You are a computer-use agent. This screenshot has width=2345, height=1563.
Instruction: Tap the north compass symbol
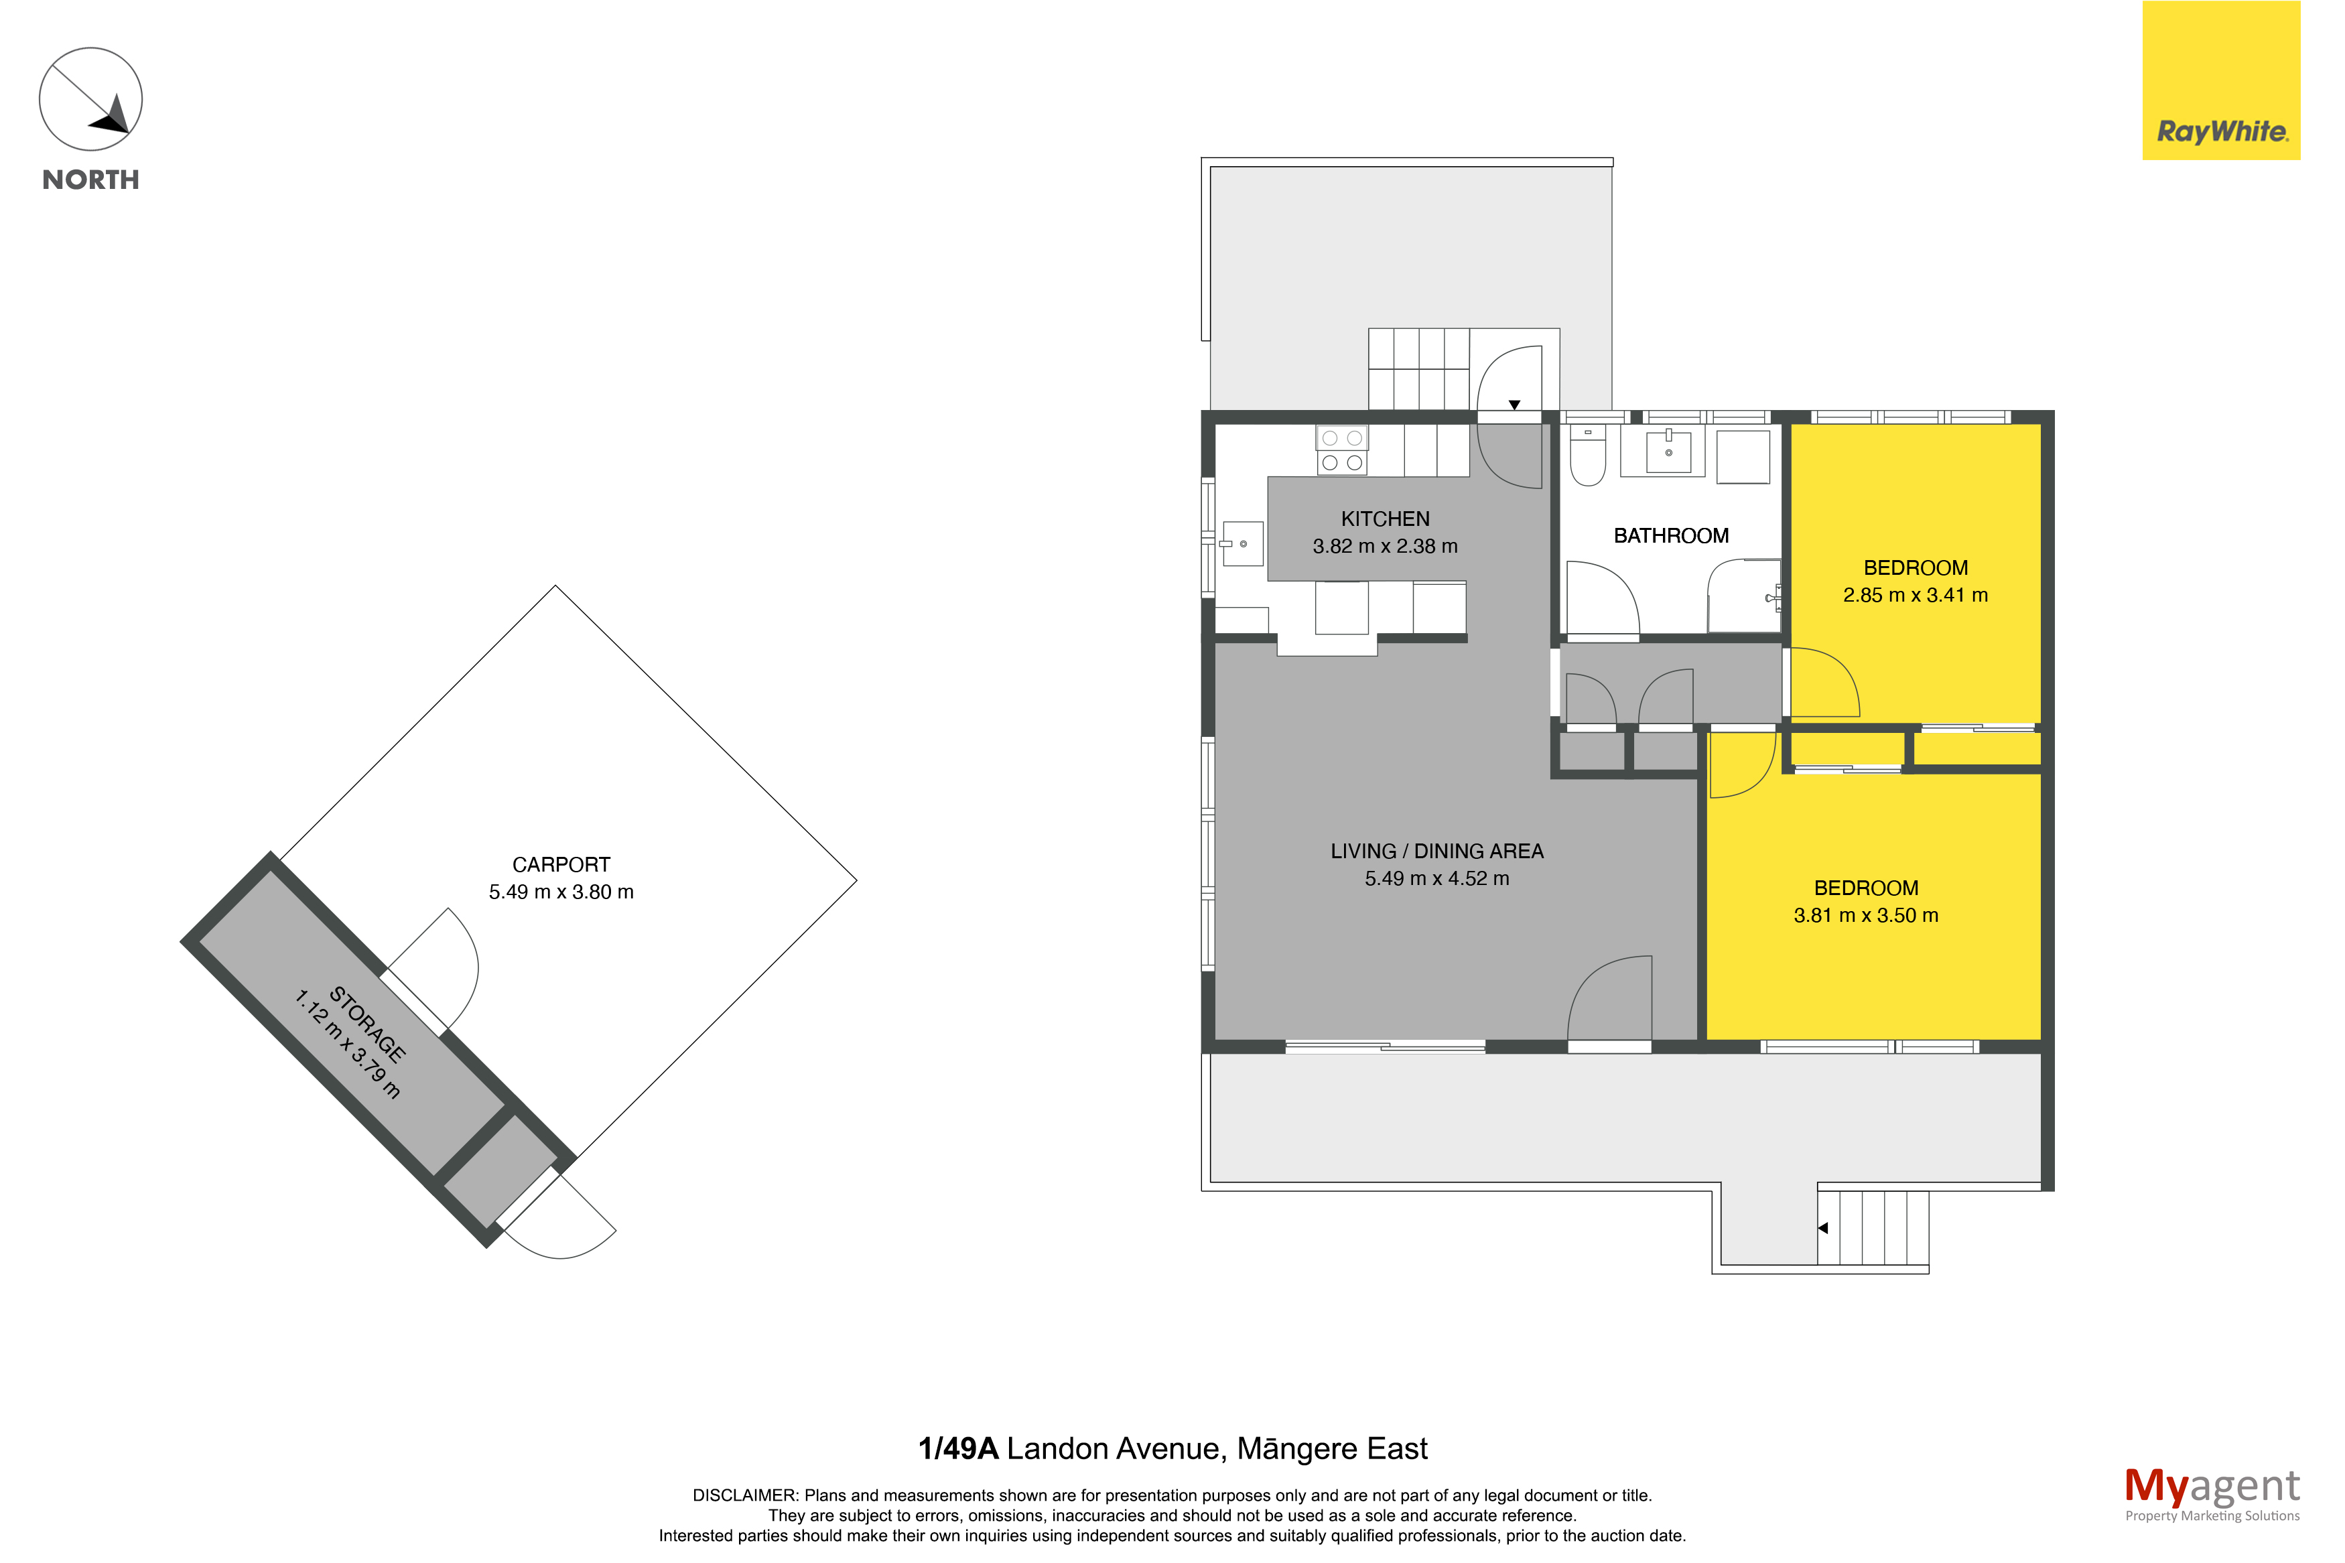(x=90, y=100)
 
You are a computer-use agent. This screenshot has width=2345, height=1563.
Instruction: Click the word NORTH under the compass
(x=90, y=180)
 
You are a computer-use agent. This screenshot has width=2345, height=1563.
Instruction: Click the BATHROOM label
(x=1670, y=535)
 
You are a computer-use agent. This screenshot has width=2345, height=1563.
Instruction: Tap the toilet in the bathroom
(x=1588, y=456)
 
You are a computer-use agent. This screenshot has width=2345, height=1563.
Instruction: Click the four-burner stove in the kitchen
(x=1341, y=451)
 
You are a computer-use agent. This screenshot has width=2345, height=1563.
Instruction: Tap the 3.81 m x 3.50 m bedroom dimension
(x=1866, y=915)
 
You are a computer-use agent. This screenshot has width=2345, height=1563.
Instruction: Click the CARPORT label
(x=561, y=864)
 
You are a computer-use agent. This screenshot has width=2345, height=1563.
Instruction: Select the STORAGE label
(x=368, y=1024)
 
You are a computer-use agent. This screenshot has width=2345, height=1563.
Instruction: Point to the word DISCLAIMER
(x=744, y=1495)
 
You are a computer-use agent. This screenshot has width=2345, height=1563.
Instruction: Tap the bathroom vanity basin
(x=1668, y=451)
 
